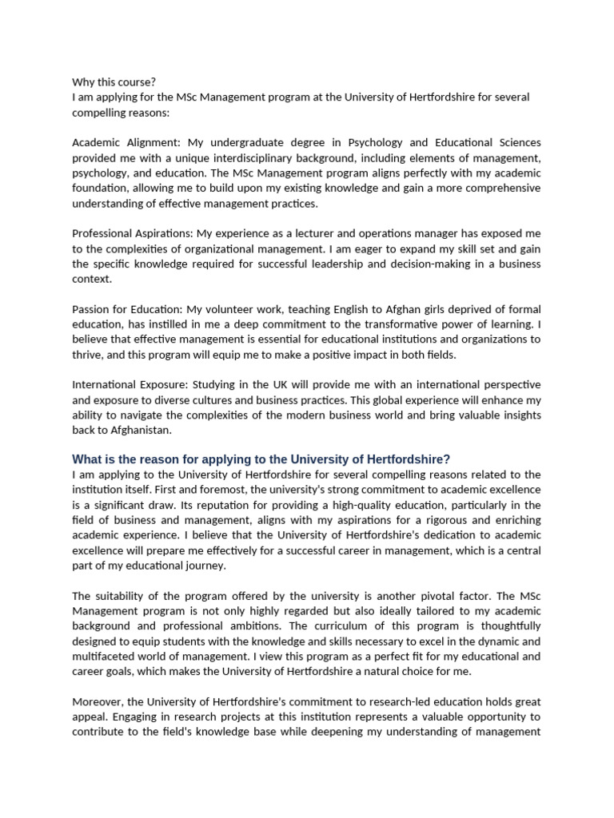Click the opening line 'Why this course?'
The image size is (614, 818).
coord(114,82)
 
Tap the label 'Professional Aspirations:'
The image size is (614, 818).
coord(133,233)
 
